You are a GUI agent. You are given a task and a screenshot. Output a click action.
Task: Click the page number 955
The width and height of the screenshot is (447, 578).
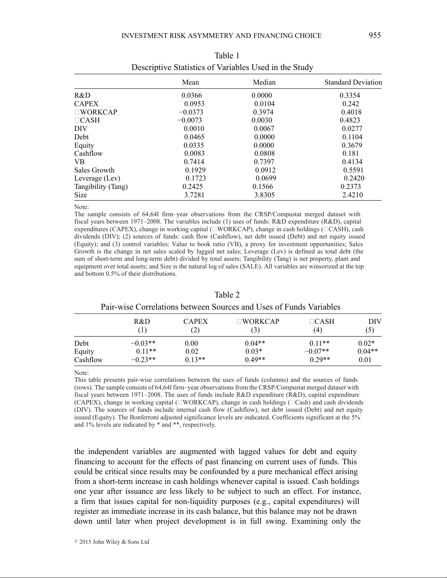[x=374, y=35]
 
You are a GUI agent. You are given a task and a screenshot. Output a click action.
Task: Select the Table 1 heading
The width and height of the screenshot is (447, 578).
[x=227, y=56]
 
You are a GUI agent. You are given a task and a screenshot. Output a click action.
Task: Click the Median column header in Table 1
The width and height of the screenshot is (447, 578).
[x=264, y=82]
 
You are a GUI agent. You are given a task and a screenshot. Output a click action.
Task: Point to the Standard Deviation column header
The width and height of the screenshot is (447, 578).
[x=353, y=82]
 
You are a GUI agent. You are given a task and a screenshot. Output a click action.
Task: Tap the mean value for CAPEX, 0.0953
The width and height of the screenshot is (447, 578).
[x=194, y=104]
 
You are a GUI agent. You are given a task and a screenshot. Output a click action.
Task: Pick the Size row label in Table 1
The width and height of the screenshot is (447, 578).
[x=81, y=195]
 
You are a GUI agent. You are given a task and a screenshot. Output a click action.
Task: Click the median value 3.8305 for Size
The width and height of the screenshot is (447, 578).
[x=264, y=195]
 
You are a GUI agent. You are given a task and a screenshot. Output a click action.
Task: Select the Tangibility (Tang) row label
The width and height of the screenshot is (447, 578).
[x=101, y=187]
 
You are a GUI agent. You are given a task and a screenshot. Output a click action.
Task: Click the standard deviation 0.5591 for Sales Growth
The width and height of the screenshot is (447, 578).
[x=353, y=170]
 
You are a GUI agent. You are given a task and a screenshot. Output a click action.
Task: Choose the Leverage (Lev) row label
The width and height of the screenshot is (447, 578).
[x=97, y=178]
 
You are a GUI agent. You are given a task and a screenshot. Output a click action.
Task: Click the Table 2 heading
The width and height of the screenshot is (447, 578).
[x=227, y=295]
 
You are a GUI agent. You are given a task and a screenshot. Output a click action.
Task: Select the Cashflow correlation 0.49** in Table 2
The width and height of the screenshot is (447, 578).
[x=255, y=360]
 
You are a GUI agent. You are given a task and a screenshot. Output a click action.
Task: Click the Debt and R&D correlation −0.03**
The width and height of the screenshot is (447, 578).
[x=143, y=344]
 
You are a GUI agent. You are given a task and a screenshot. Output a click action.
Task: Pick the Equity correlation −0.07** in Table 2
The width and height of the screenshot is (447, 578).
[x=317, y=352]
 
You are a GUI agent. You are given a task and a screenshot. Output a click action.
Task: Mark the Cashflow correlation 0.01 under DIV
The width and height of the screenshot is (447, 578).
[x=365, y=360]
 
